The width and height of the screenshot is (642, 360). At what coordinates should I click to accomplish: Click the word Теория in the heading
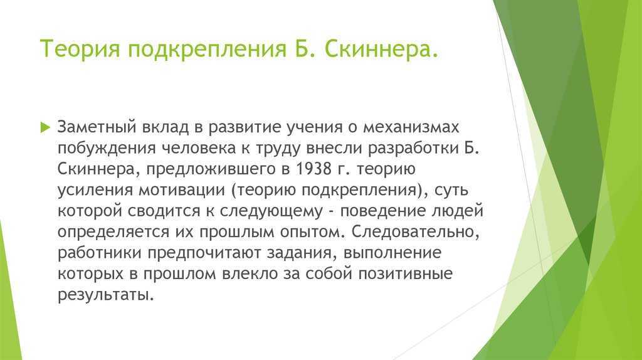click(x=80, y=49)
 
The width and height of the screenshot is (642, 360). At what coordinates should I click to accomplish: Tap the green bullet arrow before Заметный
click(x=45, y=127)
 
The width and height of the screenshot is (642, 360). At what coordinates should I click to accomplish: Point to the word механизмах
click(x=411, y=127)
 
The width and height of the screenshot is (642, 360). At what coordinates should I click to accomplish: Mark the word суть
click(x=451, y=189)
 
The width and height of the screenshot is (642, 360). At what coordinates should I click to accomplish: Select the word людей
click(x=457, y=211)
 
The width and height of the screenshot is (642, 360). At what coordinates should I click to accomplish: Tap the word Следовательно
click(x=415, y=232)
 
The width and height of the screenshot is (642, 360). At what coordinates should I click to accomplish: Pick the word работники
click(x=100, y=253)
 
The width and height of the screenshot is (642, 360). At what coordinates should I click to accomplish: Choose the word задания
click(x=302, y=253)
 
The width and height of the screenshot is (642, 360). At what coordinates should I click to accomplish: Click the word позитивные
click(x=406, y=273)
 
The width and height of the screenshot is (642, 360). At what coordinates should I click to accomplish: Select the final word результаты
click(x=105, y=295)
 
